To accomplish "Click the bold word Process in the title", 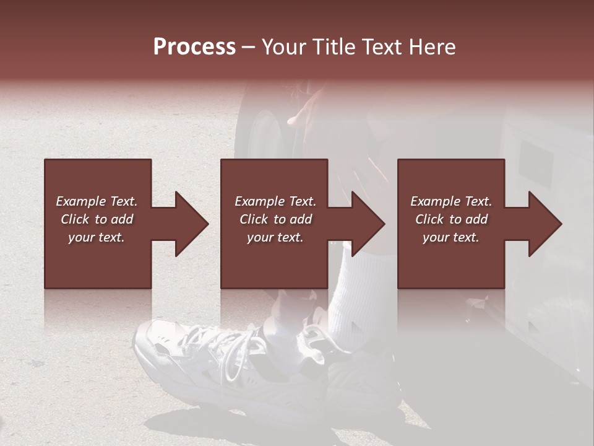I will pos(194,47).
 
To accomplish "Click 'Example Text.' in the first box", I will pos(97,201).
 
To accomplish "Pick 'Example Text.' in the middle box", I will pos(275,201).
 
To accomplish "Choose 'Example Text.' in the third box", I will pos(451,201).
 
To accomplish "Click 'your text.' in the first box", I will pos(97,237).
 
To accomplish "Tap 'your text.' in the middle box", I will pos(275,237).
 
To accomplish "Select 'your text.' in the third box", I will pos(451,237).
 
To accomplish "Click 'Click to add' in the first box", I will pos(97,219).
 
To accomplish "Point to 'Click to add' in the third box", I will pos(451,219).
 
